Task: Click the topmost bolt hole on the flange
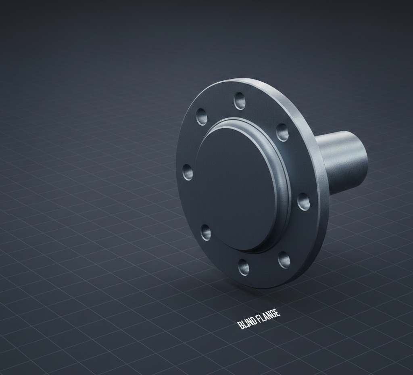coord(240,101)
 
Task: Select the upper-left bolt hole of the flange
coord(202,117)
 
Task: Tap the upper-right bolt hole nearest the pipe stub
coord(282,132)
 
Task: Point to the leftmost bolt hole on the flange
coord(188,172)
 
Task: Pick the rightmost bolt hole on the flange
coord(304,201)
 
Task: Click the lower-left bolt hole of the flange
coord(206,233)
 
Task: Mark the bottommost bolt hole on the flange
coord(244,267)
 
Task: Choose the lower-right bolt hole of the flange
coord(284,260)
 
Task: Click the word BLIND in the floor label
coord(247,322)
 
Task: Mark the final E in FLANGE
coord(277,313)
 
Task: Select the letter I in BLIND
coord(247,323)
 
